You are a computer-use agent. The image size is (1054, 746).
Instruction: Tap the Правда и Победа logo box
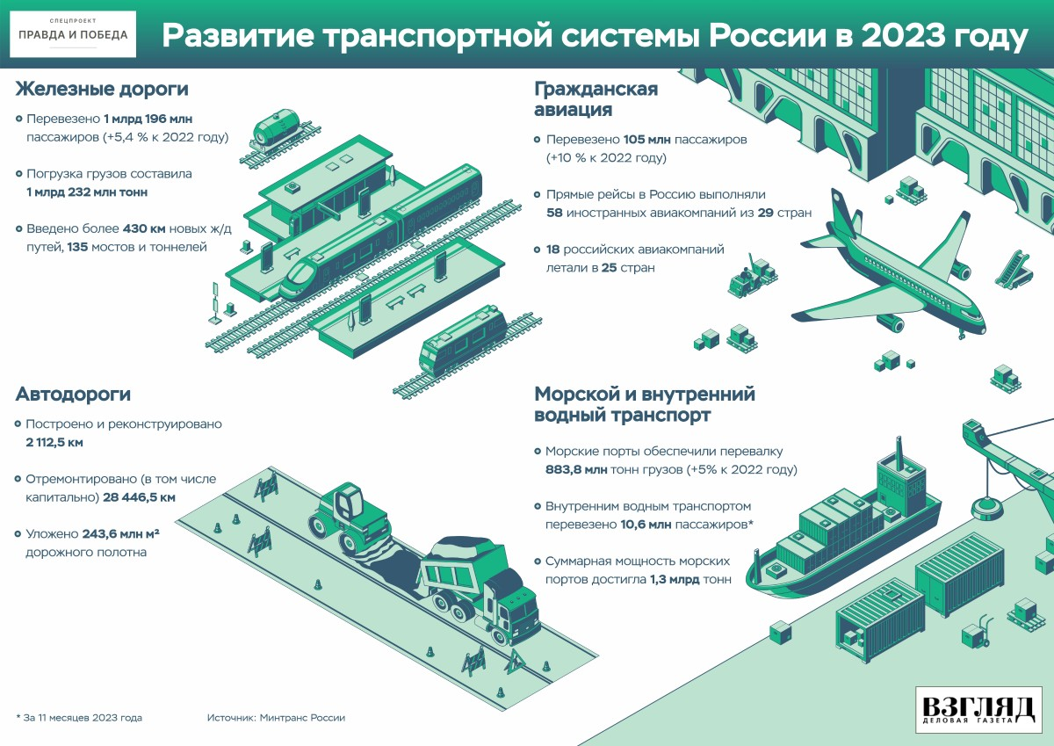pos(75,34)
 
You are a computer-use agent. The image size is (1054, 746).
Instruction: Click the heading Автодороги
pos(73,395)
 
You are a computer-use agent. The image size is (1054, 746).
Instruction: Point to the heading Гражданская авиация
pos(596,99)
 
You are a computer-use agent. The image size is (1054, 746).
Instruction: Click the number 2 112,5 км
pos(54,442)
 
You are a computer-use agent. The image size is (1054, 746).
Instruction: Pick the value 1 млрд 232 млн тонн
pos(87,192)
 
